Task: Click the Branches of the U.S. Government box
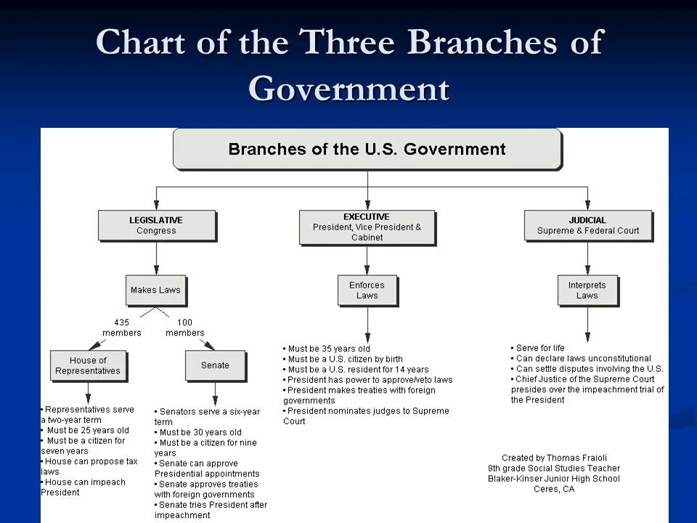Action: (x=367, y=150)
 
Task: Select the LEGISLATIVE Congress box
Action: (x=156, y=225)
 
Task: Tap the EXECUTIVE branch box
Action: (x=367, y=227)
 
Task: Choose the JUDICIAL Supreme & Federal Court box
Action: (x=587, y=225)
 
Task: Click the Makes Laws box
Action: (x=155, y=290)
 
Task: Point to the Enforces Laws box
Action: (x=367, y=290)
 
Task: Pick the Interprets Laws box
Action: (x=587, y=290)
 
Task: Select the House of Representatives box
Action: (x=88, y=365)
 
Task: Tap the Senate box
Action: (x=215, y=365)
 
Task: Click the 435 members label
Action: (x=122, y=328)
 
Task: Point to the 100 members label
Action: (x=185, y=328)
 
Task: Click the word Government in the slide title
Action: (x=348, y=89)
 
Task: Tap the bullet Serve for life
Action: (x=540, y=348)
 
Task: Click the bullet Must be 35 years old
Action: (x=329, y=349)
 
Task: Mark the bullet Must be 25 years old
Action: (x=87, y=430)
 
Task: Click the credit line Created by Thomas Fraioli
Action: (x=554, y=458)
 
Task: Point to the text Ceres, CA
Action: (x=554, y=489)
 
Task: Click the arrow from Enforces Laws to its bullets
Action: (x=367, y=324)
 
